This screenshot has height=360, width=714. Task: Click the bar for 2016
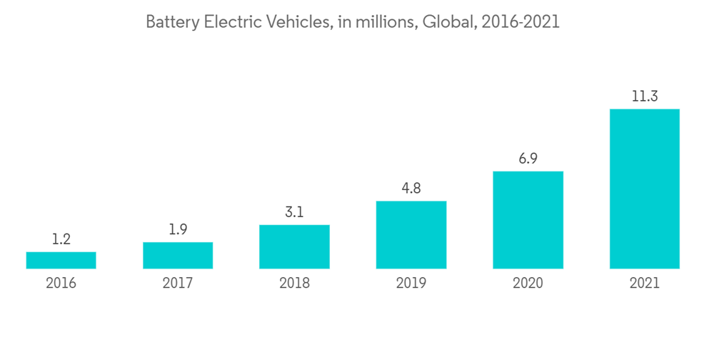point(61,260)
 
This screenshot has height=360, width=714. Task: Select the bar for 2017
point(178,256)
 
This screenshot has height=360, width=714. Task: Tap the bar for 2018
point(294,247)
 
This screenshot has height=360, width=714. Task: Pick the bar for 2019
point(411,235)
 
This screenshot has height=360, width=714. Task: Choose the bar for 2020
point(528,220)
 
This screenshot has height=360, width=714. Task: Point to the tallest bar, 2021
point(644,189)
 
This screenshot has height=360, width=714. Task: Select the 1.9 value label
point(178,230)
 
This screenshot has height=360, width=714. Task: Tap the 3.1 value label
point(294,213)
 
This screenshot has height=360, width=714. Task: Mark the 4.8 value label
point(411,189)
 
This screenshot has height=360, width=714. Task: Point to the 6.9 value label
point(528,159)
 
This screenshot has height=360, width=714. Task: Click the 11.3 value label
point(644,97)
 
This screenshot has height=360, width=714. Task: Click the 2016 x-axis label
point(61,284)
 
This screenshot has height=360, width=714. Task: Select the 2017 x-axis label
point(178,284)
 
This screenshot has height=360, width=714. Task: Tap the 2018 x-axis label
point(294,284)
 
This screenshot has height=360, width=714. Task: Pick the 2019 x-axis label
point(411,284)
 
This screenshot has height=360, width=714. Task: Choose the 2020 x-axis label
point(528,284)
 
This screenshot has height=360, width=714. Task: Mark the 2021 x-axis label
point(644,284)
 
